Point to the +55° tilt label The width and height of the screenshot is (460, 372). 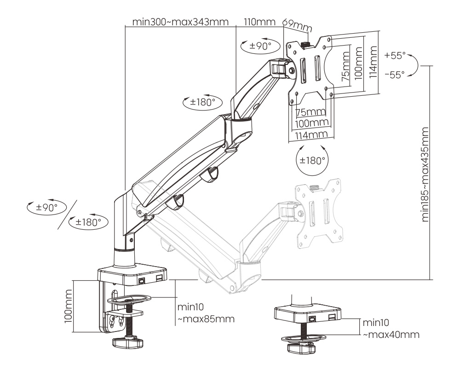pyautogui.click(x=395, y=56)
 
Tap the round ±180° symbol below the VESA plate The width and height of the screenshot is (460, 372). pyautogui.click(x=312, y=161)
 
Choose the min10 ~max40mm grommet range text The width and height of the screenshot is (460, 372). pyautogui.click(x=390, y=329)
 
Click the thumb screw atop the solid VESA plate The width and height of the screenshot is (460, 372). pyautogui.click(x=307, y=44)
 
